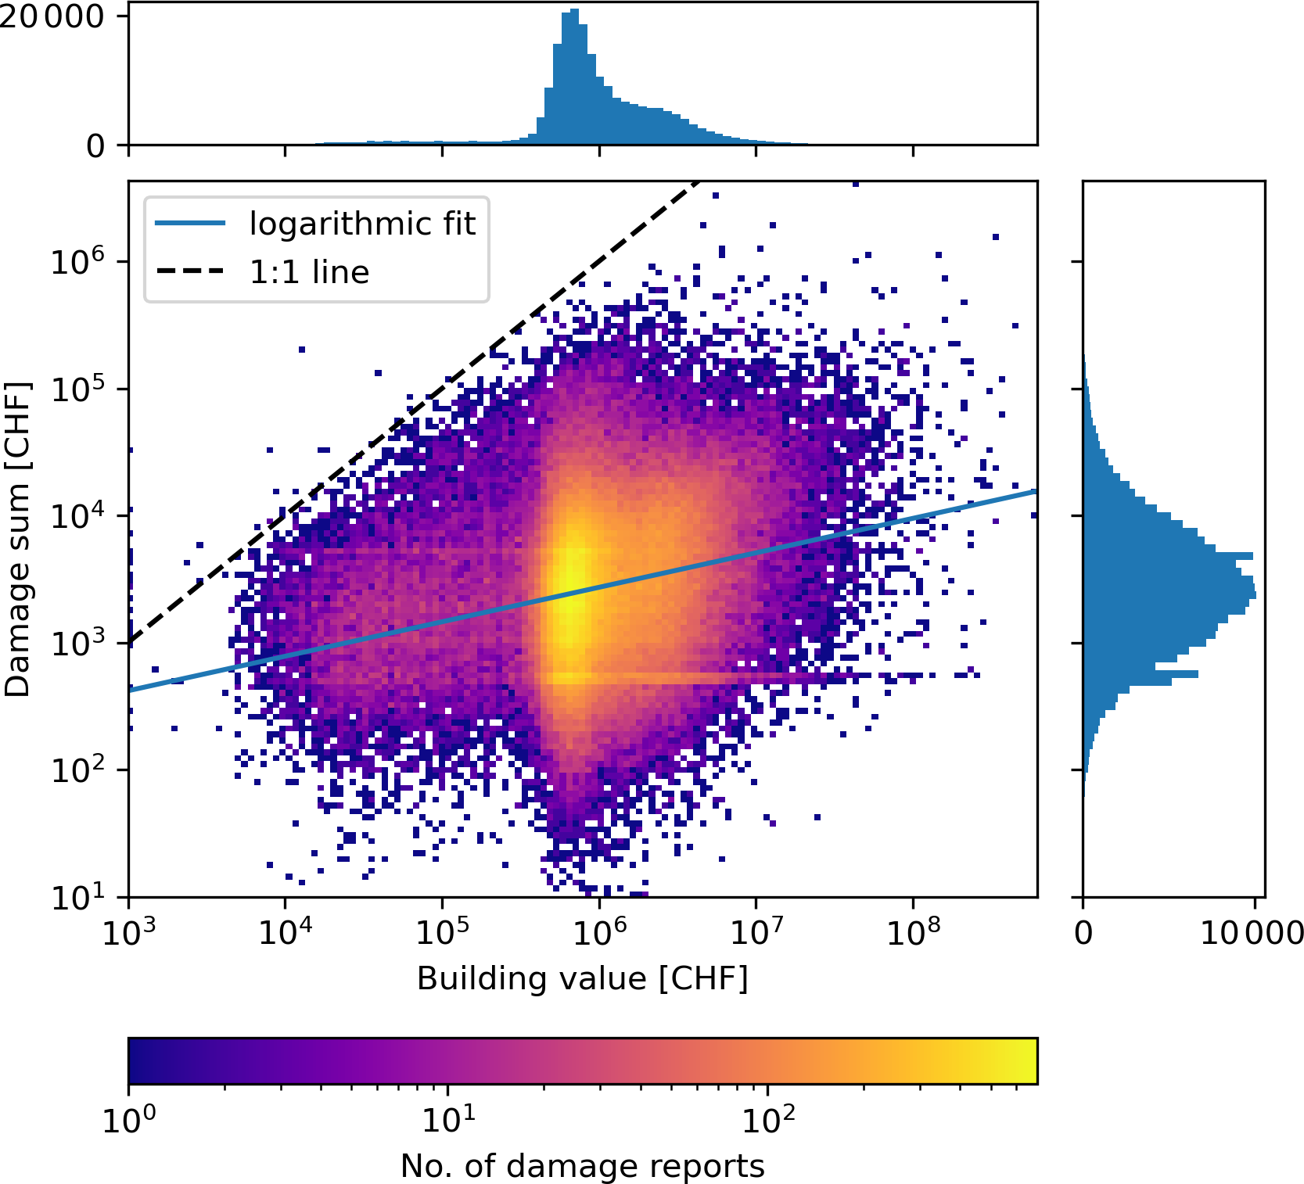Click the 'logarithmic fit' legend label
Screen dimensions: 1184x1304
(361, 224)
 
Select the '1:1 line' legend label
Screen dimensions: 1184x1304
(309, 272)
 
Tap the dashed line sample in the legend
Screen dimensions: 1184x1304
(190, 272)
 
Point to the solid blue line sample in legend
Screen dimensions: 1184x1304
(190, 224)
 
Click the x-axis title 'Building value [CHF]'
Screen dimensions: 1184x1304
(582, 978)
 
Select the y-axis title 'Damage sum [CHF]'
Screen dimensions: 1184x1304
(17, 539)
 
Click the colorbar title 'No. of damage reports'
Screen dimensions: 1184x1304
(582, 1166)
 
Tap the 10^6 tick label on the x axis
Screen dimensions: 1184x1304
(598, 931)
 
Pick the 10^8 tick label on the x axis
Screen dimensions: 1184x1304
(912, 931)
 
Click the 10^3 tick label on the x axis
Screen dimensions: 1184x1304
(128, 931)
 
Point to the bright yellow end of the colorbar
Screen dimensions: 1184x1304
(1026, 1060)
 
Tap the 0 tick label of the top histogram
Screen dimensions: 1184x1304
(95, 145)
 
